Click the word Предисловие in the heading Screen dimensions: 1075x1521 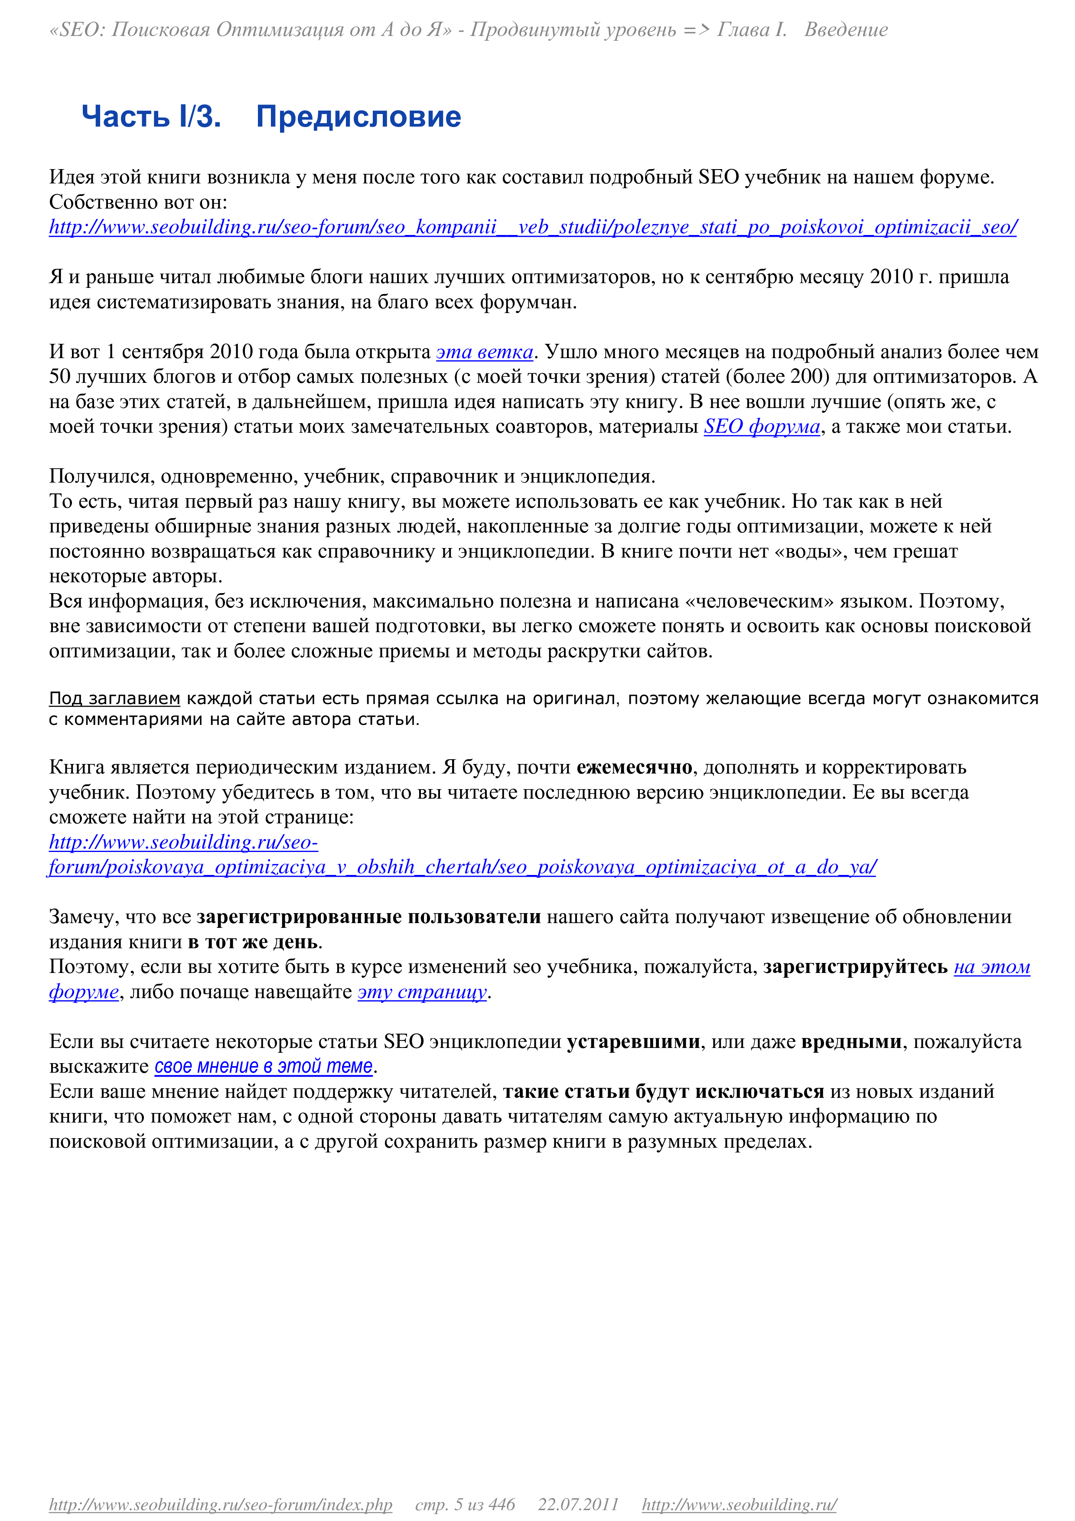click(x=358, y=117)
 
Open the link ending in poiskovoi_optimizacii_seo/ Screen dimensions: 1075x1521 click(x=533, y=227)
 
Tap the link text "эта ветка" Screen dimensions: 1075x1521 click(x=485, y=352)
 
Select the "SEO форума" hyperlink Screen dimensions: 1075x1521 click(x=762, y=427)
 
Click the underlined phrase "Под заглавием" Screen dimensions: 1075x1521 click(x=114, y=698)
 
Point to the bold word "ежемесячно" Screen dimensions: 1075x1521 click(x=635, y=767)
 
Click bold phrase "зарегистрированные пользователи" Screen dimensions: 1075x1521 click(x=369, y=917)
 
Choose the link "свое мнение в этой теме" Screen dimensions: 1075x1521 click(x=264, y=1067)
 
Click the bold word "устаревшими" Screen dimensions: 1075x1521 click(x=633, y=1042)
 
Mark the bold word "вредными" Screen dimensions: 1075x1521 click(x=852, y=1042)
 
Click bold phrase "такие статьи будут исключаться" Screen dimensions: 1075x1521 click(x=664, y=1092)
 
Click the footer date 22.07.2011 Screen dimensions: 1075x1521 click(x=578, y=1505)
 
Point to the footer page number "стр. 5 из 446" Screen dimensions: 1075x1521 click(x=465, y=1505)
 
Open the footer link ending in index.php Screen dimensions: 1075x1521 click(x=221, y=1505)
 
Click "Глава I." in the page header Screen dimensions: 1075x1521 click(x=752, y=30)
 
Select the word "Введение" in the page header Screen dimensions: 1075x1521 click(x=846, y=30)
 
